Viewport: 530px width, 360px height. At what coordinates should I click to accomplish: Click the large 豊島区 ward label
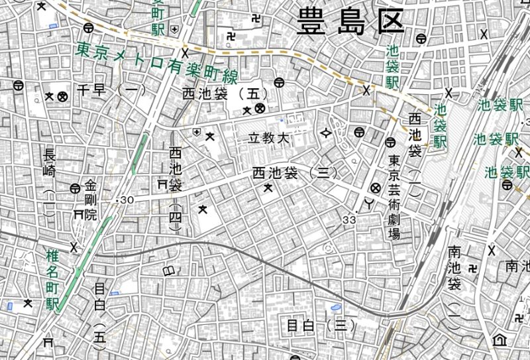[x=350, y=21]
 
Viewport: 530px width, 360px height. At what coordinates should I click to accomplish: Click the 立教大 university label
[x=270, y=139]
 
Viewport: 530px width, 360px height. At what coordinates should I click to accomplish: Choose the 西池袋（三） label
[x=294, y=174]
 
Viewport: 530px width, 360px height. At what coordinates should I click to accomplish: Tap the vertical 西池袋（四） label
[x=176, y=189]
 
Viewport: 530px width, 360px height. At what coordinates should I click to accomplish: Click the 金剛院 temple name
[x=91, y=199]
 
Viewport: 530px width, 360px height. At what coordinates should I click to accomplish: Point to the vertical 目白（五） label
[x=100, y=314]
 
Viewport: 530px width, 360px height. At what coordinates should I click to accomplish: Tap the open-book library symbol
[x=170, y=270]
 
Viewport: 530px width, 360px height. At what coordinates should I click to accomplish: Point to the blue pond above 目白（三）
[x=336, y=308]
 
